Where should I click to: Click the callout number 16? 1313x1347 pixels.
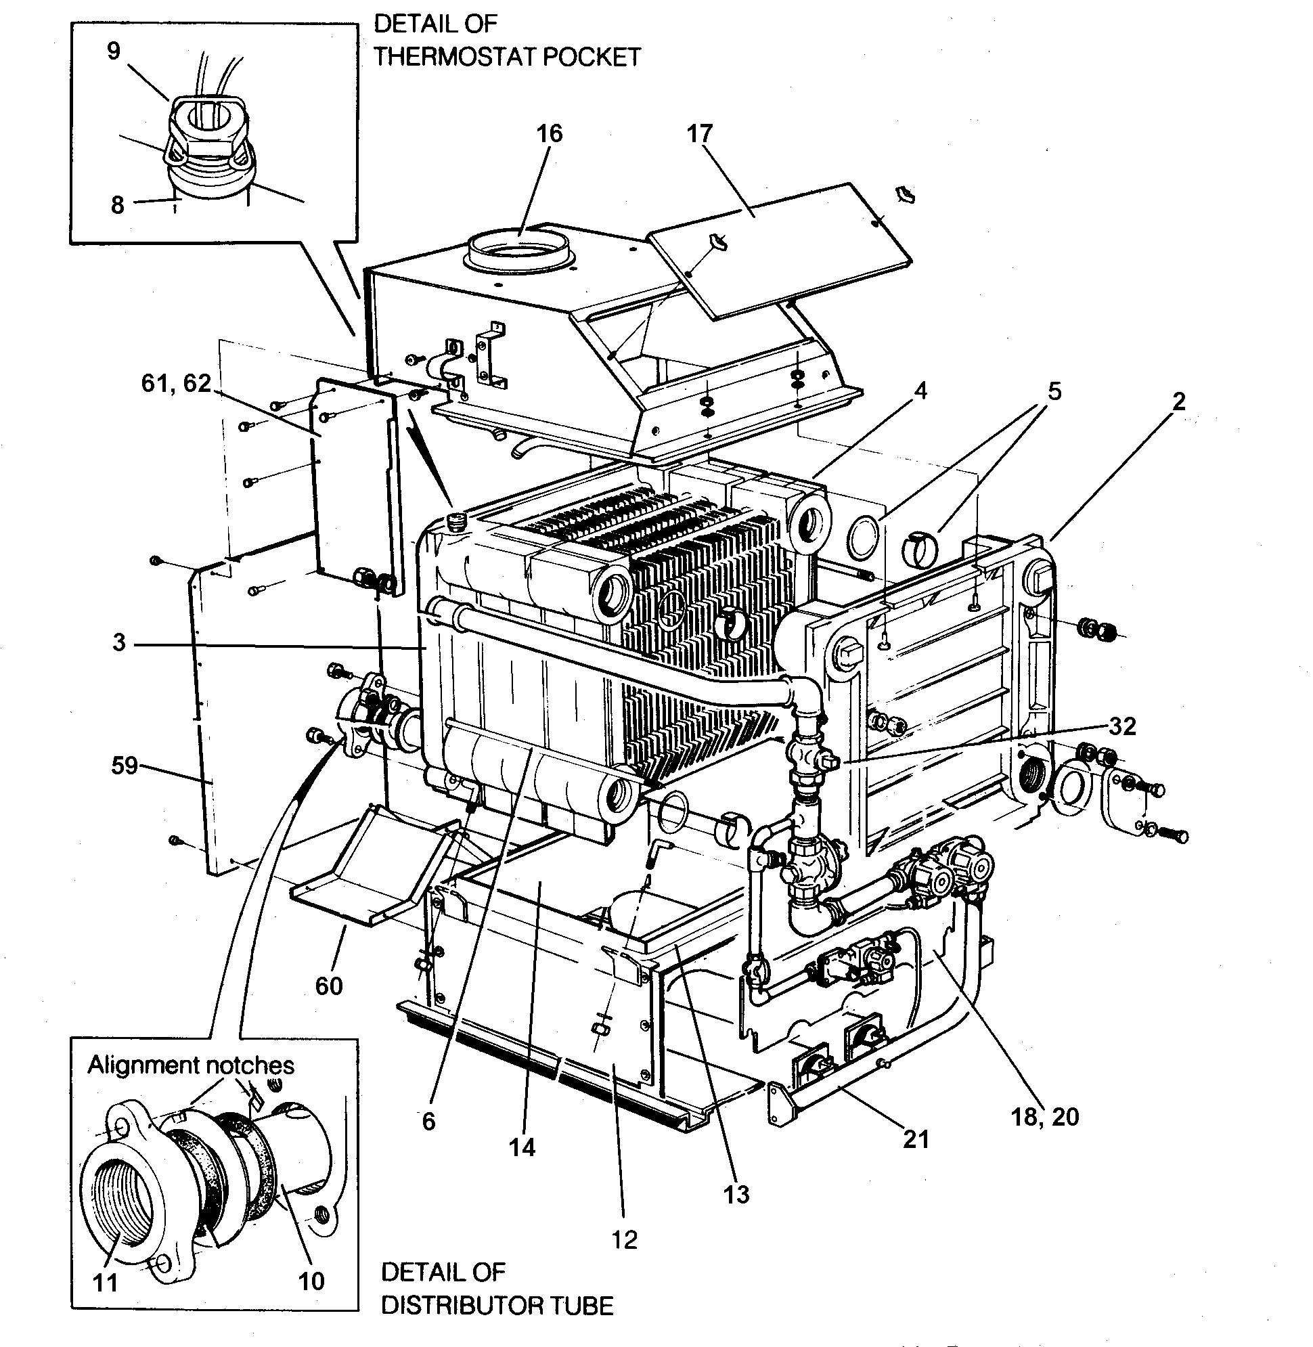[550, 133]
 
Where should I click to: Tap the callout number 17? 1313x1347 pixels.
[699, 133]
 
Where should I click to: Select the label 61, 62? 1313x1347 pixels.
[176, 383]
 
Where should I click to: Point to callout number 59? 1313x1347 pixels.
[124, 766]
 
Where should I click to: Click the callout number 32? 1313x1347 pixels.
[1123, 726]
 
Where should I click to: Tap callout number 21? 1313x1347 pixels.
[916, 1139]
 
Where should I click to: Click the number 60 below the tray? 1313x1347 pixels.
[328, 986]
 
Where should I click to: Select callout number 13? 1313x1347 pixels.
[736, 1194]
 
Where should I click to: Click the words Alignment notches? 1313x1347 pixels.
[190, 1065]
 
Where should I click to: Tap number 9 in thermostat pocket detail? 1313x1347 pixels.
[114, 50]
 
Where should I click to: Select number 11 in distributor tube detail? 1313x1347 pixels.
[105, 1283]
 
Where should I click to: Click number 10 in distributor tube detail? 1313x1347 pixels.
[311, 1281]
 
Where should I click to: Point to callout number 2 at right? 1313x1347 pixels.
[1178, 401]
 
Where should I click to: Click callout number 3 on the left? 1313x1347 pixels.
[118, 643]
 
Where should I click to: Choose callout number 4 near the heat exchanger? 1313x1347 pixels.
[920, 391]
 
